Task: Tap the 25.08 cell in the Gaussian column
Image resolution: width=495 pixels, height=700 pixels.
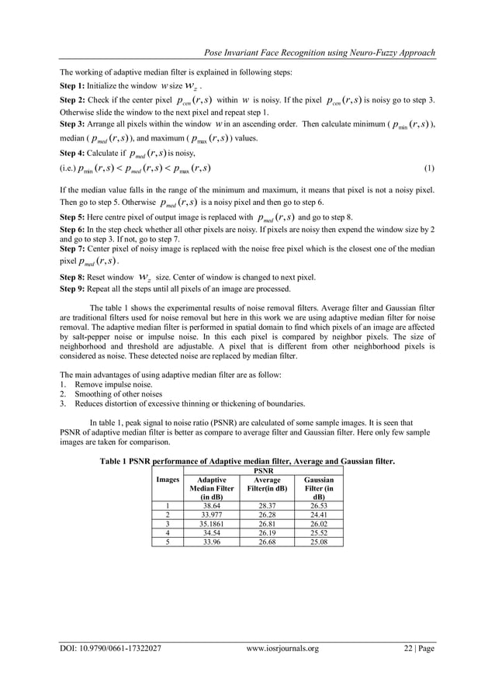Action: click(x=319, y=542)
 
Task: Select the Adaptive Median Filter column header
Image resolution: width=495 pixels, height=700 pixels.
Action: click(x=212, y=489)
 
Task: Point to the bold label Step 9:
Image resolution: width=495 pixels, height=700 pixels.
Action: click(x=74, y=289)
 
